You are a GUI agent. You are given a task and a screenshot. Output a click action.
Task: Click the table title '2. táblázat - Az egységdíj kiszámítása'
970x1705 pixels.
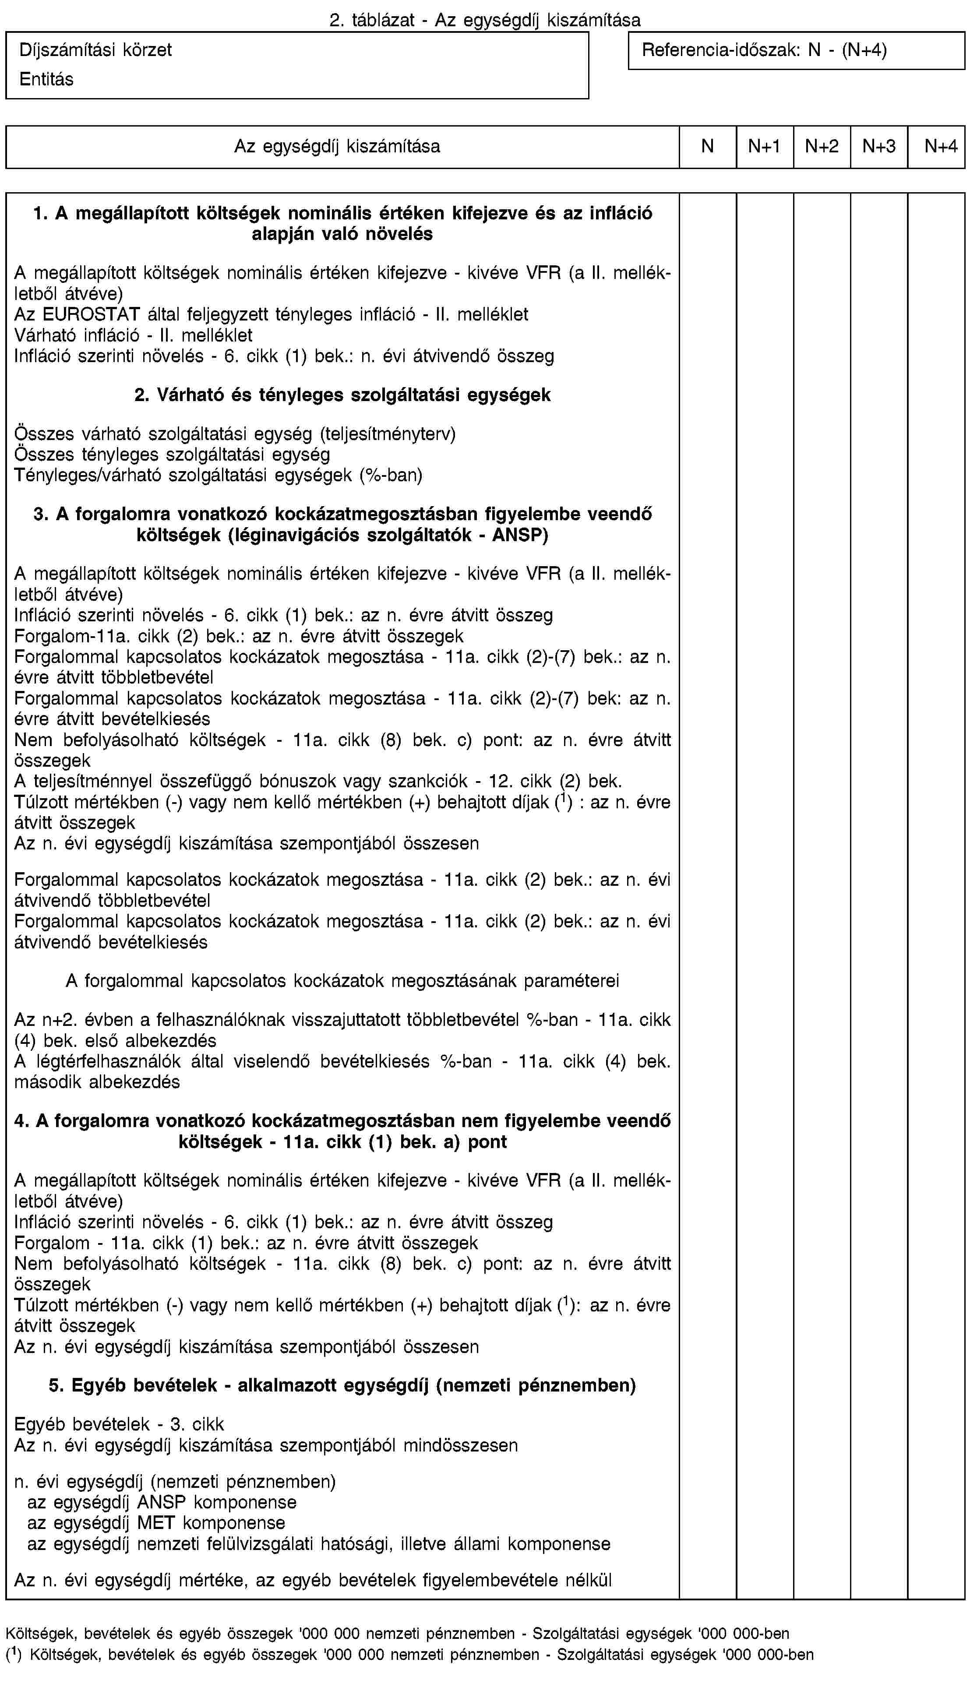pyautogui.click(x=485, y=20)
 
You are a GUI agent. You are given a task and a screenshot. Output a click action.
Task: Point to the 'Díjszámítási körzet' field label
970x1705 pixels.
pyautogui.click(x=95, y=50)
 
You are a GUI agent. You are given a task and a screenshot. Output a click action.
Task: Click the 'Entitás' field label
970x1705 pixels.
pyautogui.click(x=46, y=79)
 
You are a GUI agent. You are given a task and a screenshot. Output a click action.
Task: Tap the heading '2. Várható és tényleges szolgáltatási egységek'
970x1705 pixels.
pyautogui.click(x=342, y=395)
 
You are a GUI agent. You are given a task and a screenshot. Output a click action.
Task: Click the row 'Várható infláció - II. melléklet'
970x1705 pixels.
pyautogui.click(x=133, y=335)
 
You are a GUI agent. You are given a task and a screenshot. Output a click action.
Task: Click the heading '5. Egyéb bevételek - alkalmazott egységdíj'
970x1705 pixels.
pyautogui.click(x=342, y=1386)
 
